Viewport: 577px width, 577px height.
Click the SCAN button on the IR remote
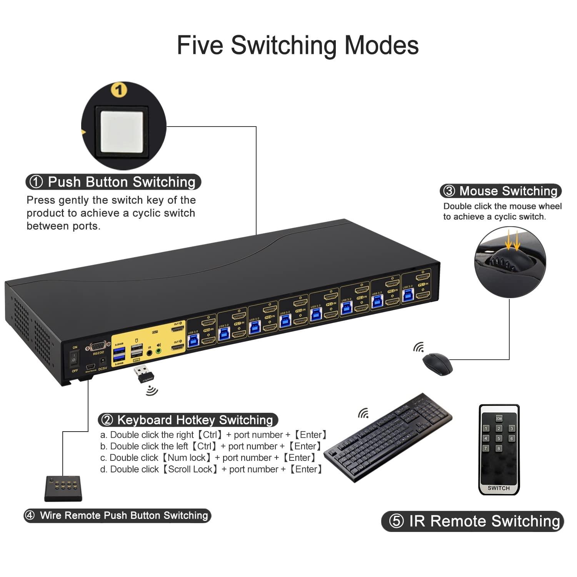click(x=499, y=419)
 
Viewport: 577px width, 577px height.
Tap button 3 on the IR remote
click(x=512, y=429)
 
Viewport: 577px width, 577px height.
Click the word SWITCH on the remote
click(x=499, y=488)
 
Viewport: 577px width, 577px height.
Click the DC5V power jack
click(x=103, y=362)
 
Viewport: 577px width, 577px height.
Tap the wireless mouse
click(x=437, y=363)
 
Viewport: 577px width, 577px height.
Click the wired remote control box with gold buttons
click(x=63, y=489)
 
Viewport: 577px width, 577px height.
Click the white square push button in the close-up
click(x=123, y=132)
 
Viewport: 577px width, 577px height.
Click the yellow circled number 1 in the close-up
click(x=119, y=90)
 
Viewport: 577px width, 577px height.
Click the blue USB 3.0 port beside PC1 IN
click(x=407, y=295)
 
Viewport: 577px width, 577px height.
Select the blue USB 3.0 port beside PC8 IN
click(x=193, y=341)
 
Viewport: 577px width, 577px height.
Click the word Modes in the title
click(x=381, y=45)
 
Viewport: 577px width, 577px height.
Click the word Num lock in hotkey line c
click(x=186, y=458)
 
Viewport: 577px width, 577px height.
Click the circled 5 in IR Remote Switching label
click(x=396, y=521)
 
